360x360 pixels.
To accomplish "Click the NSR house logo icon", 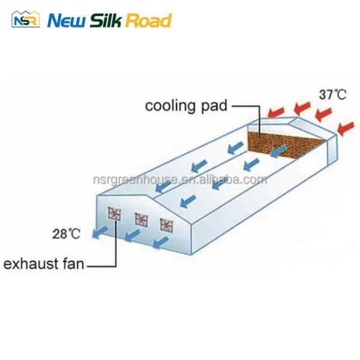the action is (25, 19).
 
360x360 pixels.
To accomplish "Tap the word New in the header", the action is (67, 21).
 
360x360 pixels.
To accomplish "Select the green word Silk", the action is (106, 20).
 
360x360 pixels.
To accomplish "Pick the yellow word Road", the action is (148, 20).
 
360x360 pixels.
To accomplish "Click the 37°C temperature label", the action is (332, 94).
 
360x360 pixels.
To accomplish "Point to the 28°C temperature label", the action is (67, 234).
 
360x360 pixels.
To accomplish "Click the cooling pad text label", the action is (186, 106).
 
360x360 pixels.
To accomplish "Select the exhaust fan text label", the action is (44, 264).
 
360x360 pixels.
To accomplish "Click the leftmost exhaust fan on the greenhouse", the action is (115, 214).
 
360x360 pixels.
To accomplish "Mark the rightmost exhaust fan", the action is (166, 225).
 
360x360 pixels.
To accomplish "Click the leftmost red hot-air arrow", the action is (277, 112).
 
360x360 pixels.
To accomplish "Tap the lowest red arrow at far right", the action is (346, 128).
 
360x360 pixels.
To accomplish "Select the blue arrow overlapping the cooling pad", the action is (279, 151).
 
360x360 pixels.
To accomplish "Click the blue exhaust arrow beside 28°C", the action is (100, 232).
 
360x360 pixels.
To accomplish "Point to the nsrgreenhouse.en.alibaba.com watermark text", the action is (180, 179).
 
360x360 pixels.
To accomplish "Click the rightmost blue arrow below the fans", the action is (161, 242).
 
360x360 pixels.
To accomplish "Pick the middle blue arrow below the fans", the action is (133, 236).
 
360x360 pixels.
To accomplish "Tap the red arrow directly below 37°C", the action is (323, 114).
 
